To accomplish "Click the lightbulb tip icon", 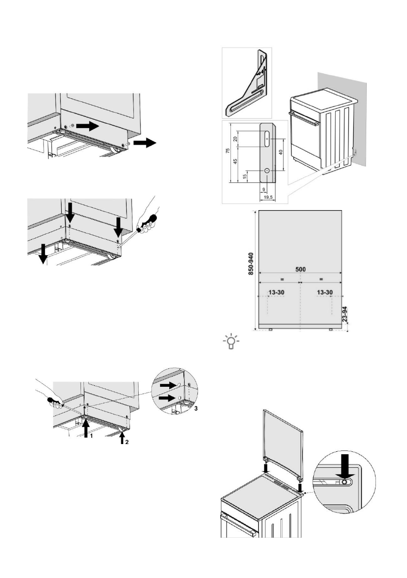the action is point(231,342).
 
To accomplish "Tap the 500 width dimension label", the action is point(301,269).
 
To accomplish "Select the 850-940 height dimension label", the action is point(251,264).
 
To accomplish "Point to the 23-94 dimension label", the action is point(345,314).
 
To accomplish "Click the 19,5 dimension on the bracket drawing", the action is point(269,198).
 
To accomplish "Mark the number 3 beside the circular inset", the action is point(196,409).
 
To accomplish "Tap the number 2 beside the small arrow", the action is point(127,442).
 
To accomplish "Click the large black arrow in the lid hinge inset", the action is point(345,465).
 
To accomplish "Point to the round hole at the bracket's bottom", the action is point(267,171).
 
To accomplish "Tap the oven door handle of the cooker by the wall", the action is point(304,119).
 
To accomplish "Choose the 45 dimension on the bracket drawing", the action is point(235,161).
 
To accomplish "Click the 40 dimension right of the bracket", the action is point(281,152).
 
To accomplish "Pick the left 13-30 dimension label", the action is point(276,292).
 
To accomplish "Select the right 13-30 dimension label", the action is point(325,292).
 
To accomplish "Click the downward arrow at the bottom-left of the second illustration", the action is point(43,254).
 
